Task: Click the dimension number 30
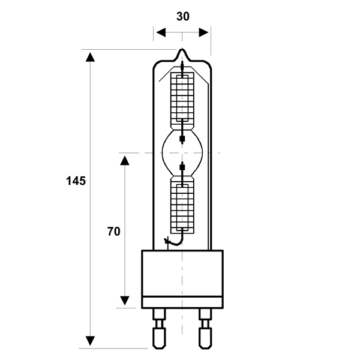pyautogui.click(x=183, y=17)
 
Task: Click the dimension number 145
pyautogui.click(x=76, y=181)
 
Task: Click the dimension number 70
pyautogui.click(x=113, y=232)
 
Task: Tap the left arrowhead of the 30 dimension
pyautogui.click(x=161, y=32)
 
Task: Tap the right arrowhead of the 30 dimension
pyautogui.click(x=203, y=32)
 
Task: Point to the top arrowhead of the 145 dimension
pyautogui.click(x=90, y=57)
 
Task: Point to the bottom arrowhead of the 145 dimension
pyautogui.click(x=90, y=341)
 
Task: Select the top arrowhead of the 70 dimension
pyautogui.click(x=125, y=160)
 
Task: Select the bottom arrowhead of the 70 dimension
pyautogui.click(x=125, y=301)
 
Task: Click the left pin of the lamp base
pyautogui.click(x=160, y=329)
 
